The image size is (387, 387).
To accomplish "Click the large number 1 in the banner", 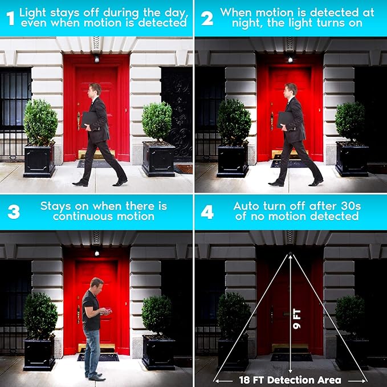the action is (x=11, y=18).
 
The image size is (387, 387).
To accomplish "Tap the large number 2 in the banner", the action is (x=207, y=18).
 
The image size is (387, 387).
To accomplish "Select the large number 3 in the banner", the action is (x=14, y=212).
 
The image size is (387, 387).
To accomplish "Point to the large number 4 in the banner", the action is (x=207, y=212).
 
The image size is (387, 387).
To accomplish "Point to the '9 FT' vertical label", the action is (x=297, y=319).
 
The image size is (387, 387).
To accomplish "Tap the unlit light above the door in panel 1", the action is (x=96, y=59).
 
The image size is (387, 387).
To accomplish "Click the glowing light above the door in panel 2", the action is (x=290, y=59).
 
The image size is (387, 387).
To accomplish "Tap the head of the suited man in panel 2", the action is (x=291, y=90).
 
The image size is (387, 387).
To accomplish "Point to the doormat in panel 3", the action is (x=98, y=357).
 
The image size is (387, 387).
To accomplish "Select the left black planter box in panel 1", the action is (x=39, y=160).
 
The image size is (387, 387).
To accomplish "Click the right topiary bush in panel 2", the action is (x=350, y=121).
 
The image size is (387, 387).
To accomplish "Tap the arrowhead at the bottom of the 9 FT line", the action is (x=290, y=371).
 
